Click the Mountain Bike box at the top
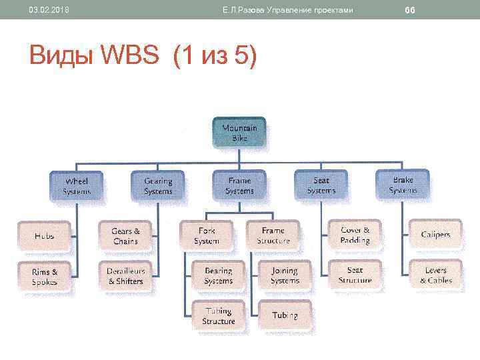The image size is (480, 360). point(239,133)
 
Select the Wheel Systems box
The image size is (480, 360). point(76,186)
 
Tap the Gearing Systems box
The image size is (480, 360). point(158,186)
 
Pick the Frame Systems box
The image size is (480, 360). point(239,186)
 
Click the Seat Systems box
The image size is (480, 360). point(321,185)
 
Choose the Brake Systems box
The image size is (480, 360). point(403,185)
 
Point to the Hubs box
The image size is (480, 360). point(44,235)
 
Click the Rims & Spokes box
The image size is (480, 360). point(44,277)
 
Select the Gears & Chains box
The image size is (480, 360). point(125,235)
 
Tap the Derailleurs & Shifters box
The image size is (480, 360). point(125,276)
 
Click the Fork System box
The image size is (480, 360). point(206,235)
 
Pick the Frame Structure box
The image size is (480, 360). point(273,235)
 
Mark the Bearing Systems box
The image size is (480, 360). point(218,276)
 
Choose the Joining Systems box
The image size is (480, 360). point(285,276)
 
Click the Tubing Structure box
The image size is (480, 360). point(218,316)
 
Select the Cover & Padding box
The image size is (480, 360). point(355,235)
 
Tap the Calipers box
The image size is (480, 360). point(435,234)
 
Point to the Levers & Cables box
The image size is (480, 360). point(435,275)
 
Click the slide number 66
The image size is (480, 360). point(409,10)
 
